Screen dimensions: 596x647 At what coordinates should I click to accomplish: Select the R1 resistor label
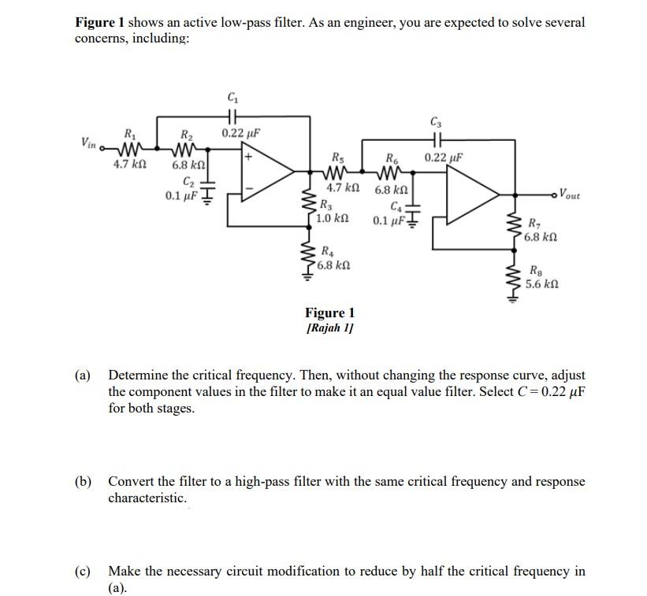click(x=128, y=132)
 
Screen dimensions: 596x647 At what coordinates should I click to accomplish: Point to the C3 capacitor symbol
click(x=436, y=140)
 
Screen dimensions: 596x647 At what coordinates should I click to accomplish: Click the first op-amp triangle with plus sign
click(x=269, y=168)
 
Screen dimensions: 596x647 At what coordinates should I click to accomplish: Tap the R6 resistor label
click(x=392, y=156)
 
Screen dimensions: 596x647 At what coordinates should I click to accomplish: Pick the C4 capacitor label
click(x=385, y=208)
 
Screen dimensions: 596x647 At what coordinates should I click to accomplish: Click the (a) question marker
click(x=84, y=375)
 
